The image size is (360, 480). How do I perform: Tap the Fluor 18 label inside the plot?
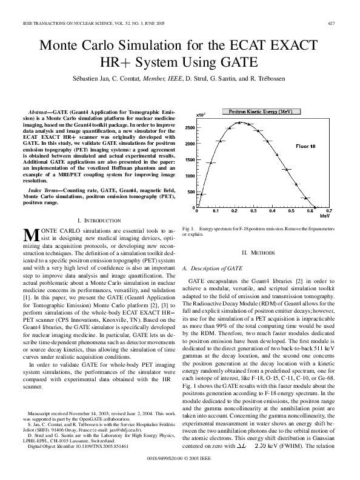tap(305, 147)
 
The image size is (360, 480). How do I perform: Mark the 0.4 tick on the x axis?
tap(272, 212)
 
